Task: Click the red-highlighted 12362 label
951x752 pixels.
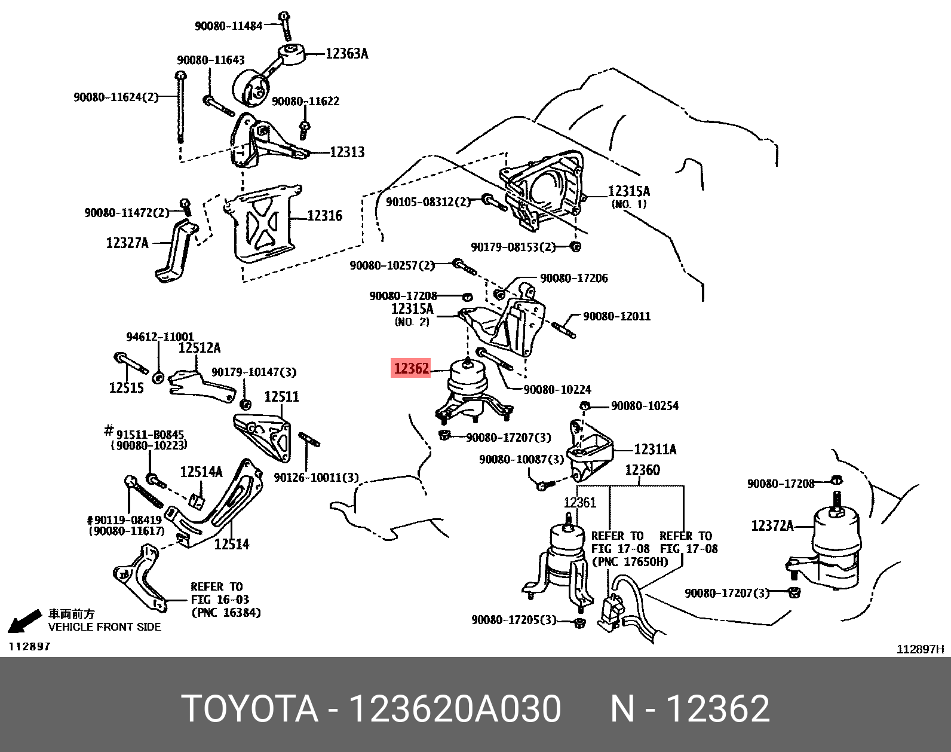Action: (411, 368)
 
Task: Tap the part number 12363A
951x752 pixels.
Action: (346, 54)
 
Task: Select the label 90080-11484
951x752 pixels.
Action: (228, 26)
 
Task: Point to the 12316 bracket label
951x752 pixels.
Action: (324, 216)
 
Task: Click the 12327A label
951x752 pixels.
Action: (127, 243)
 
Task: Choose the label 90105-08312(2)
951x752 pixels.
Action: (428, 202)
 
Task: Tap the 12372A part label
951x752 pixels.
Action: (772, 526)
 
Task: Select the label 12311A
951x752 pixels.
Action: (655, 450)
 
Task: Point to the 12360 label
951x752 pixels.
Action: (642, 470)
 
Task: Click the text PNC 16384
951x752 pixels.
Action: (226, 612)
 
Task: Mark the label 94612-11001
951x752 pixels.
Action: (160, 337)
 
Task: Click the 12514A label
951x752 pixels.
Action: (201, 472)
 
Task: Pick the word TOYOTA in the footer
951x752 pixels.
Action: (249, 709)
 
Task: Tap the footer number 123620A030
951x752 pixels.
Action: (455, 709)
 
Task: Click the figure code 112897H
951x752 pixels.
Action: (920, 650)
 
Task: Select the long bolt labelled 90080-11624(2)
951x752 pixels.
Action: (180, 108)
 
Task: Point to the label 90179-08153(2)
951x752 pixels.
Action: (513, 247)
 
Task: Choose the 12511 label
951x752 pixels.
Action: (281, 396)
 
